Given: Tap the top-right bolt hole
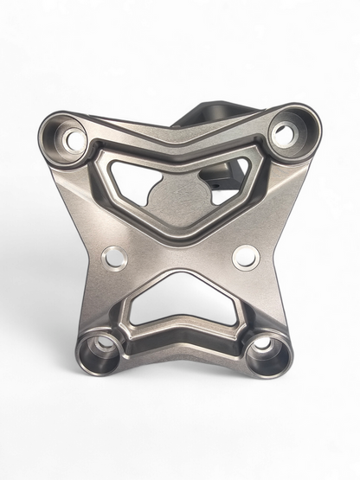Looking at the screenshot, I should [x=282, y=134].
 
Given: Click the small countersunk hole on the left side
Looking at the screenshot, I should [x=114, y=256].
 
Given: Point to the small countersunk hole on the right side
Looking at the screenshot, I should [x=246, y=255].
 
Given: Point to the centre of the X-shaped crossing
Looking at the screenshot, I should [x=180, y=246].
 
